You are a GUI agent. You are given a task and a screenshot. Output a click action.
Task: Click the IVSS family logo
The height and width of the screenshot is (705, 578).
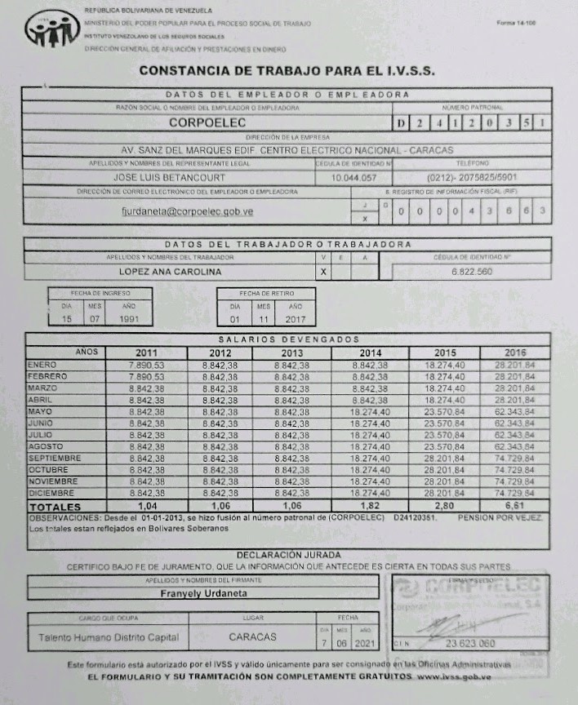coord(52,32)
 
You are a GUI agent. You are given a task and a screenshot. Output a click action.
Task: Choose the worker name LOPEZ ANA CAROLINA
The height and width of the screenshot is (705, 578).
coord(170,271)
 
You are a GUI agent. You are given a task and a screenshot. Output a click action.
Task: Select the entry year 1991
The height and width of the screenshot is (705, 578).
coord(128,319)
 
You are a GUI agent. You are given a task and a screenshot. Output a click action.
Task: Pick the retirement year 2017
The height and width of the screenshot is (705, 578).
coord(291,319)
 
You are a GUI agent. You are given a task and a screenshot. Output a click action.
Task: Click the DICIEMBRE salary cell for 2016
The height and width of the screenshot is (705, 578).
coord(514,494)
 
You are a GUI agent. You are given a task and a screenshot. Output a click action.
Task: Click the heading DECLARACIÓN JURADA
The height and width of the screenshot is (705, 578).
coord(288,555)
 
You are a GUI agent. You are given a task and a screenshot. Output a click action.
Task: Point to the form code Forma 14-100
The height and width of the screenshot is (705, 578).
coord(516,22)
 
